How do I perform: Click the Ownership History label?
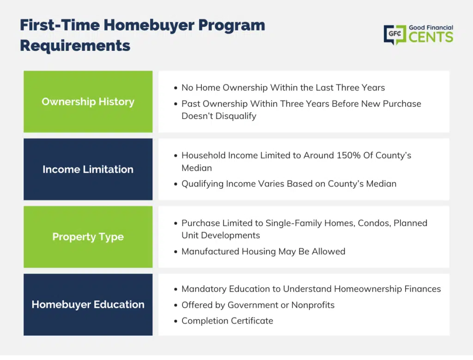(x=88, y=102)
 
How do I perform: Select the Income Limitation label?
(x=88, y=169)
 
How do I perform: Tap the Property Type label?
(x=88, y=237)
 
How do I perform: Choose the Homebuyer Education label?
(x=88, y=305)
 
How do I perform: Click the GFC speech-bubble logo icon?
(x=395, y=34)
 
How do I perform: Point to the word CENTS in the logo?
(x=431, y=37)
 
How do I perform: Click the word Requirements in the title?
(x=75, y=46)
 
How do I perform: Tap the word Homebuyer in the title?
(x=149, y=25)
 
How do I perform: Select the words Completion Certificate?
(x=227, y=321)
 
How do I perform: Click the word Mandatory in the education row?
(x=204, y=289)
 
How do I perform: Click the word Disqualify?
(x=236, y=116)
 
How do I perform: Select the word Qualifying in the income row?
(x=202, y=184)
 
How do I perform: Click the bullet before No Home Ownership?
(x=176, y=88)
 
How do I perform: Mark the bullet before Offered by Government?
(x=176, y=306)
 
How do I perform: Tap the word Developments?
(x=230, y=235)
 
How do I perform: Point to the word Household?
(x=204, y=155)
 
